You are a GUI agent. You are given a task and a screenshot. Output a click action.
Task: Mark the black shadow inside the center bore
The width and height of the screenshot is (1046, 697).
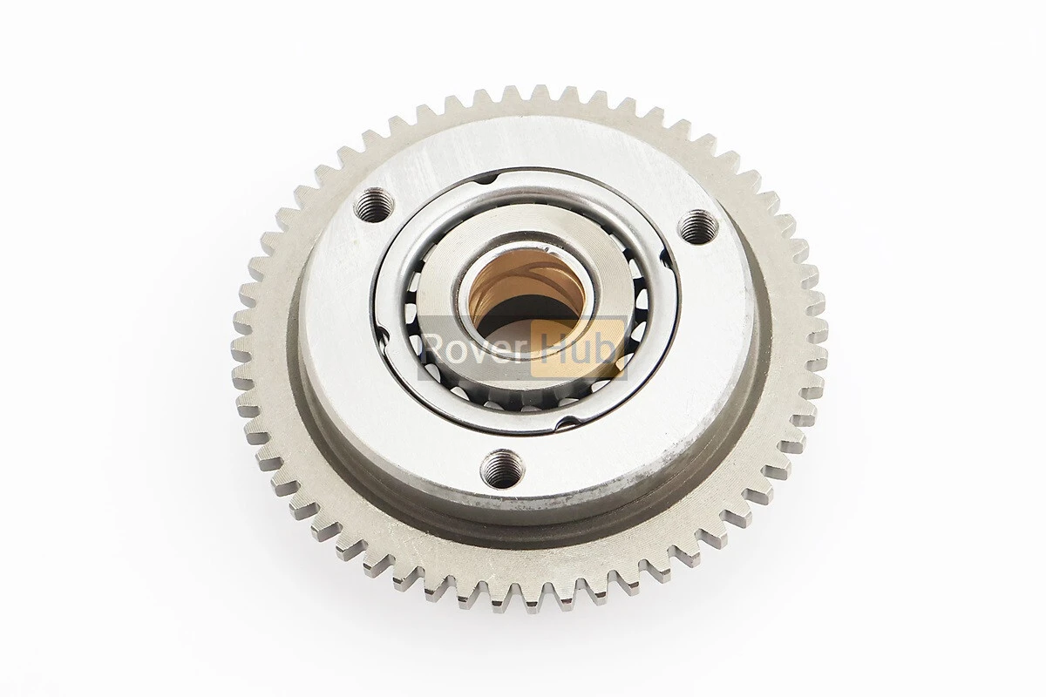tap(520, 317)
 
